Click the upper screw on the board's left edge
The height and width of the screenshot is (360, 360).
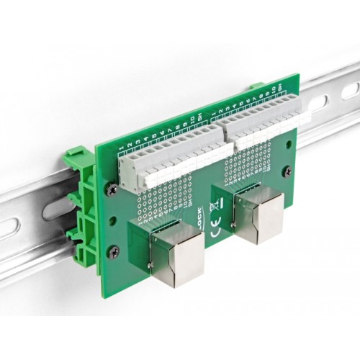[x=113, y=188]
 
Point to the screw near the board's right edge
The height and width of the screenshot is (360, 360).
[x=287, y=172]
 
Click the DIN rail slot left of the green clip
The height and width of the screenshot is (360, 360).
[x=53, y=209]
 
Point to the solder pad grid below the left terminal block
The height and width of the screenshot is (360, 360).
[x=165, y=198]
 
